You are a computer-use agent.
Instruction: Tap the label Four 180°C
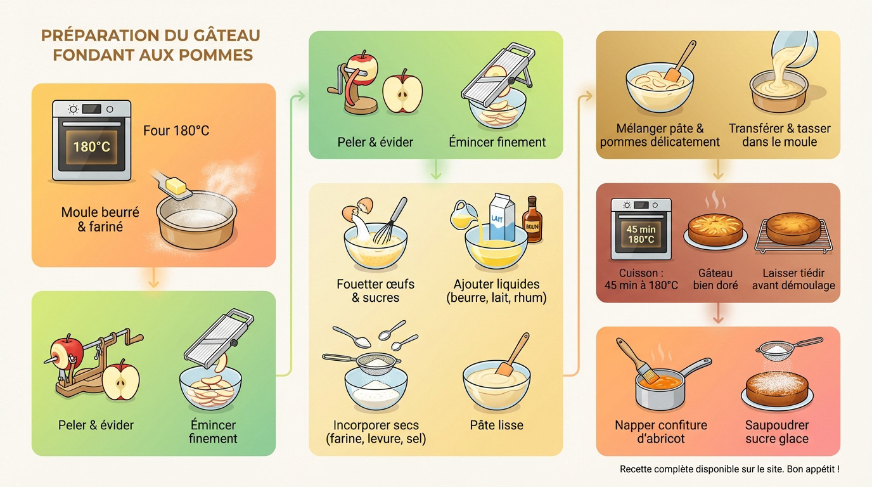(176, 131)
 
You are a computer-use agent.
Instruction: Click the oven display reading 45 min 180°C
(641, 234)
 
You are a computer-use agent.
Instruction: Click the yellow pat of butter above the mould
(172, 186)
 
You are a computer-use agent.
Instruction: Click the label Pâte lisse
(496, 425)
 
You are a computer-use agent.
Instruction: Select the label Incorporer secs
(376, 425)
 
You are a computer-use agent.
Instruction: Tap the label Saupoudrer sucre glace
(776, 432)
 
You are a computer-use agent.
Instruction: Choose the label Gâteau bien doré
(715, 279)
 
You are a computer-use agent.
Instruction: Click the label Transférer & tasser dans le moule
(779, 135)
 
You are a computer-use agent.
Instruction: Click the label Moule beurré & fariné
(99, 219)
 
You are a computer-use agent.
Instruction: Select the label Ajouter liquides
(496, 284)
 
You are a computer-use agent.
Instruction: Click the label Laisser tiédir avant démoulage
(793, 279)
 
